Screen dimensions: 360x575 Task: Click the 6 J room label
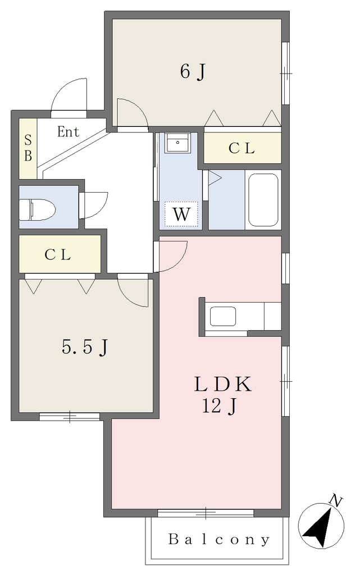[192, 71]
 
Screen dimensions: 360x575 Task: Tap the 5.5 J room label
[85, 346]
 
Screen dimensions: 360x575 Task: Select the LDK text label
[223, 384]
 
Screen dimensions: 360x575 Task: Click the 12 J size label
[219, 406]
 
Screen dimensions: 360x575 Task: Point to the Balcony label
[219, 540]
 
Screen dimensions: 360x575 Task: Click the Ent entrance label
[68, 131]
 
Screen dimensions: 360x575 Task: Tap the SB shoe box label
[28, 148]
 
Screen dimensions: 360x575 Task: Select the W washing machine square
[181, 214]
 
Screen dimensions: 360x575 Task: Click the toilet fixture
[37, 209]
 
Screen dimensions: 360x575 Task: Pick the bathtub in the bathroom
[263, 200]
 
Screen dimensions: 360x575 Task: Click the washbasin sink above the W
[177, 142]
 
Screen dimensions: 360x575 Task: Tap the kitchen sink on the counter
[222, 316]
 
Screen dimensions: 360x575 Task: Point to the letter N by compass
[336, 500]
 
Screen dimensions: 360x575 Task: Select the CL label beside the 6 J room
[241, 148]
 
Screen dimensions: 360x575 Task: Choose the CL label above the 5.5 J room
[57, 254]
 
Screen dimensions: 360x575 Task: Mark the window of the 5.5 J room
[70, 417]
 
